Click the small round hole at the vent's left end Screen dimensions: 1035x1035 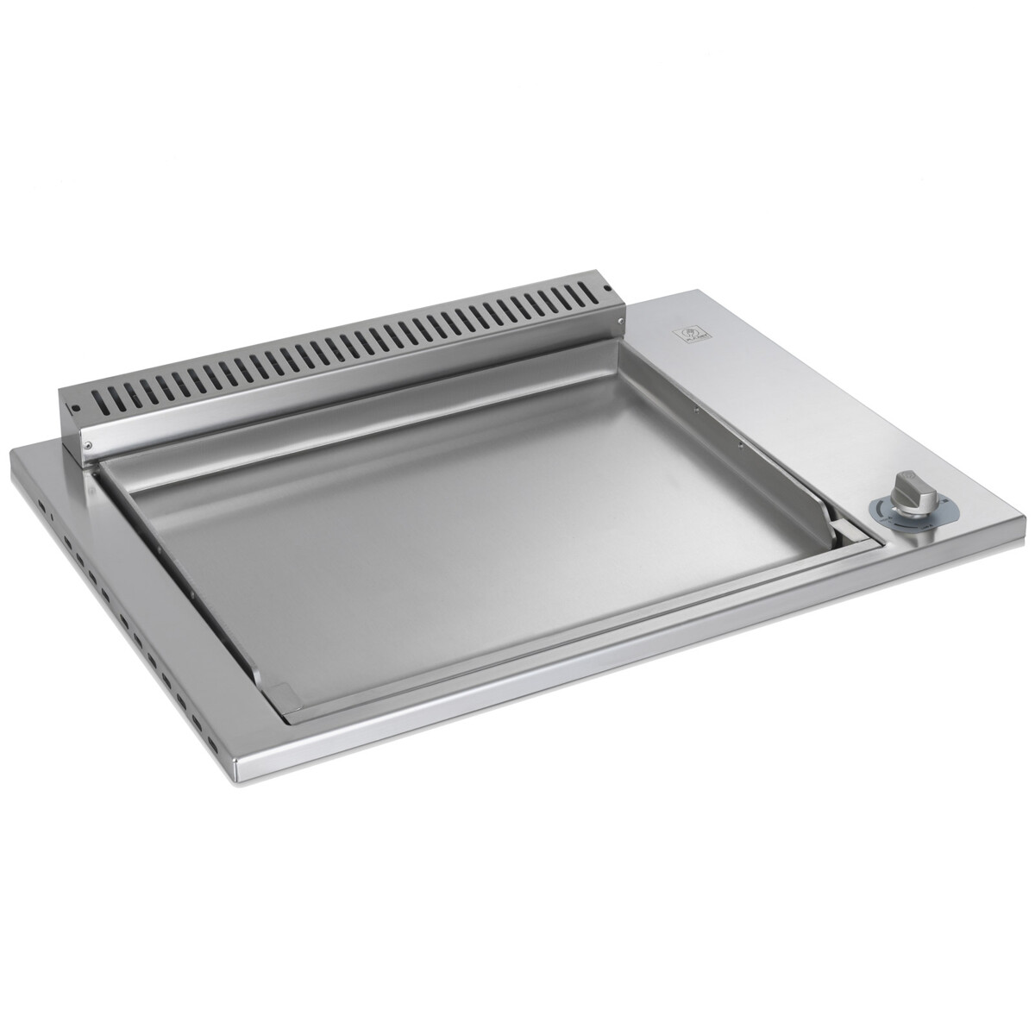75,407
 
